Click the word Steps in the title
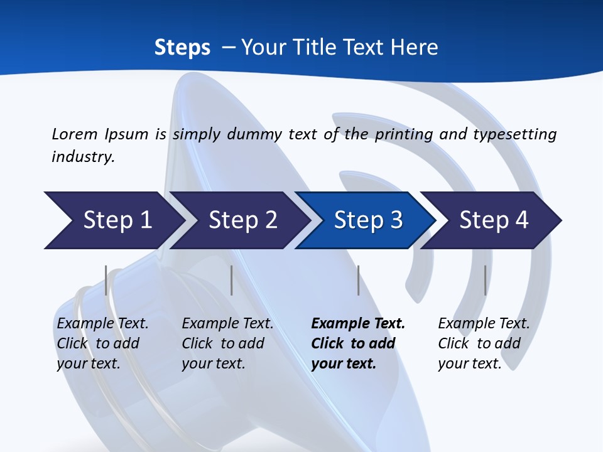[x=182, y=47]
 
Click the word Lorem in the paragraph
[x=74, y=134]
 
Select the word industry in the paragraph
[x=83, y=156]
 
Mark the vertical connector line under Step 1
[x=106, y=280]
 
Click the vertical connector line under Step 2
[x=232, y=280]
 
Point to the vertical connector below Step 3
[x=358, y=280]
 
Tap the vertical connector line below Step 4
[x=485, y=280]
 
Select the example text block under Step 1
[x=102, y=343]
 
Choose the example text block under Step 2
[x=227, y=343]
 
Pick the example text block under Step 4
[x=484, y=343]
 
